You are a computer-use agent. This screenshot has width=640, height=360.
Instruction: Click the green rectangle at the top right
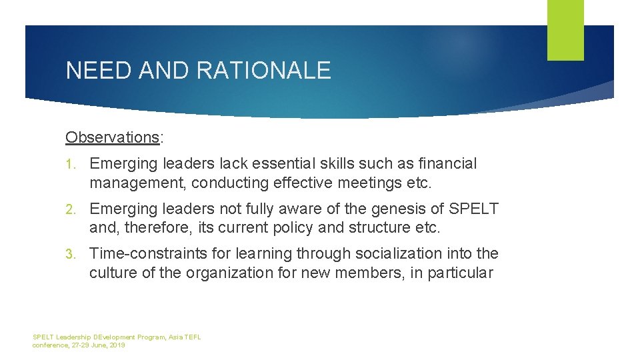pos(565,30)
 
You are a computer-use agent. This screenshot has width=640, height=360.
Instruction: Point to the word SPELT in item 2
pos(474,209)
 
